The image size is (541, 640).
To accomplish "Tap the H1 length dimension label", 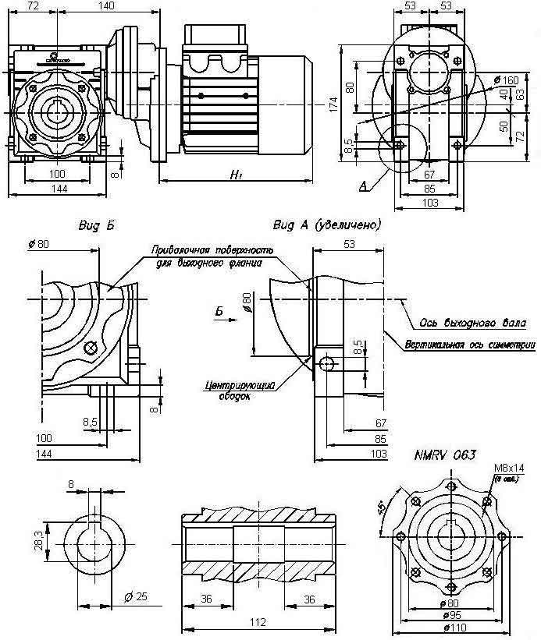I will coord(234,177).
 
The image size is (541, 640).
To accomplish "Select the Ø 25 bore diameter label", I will coord(136,597).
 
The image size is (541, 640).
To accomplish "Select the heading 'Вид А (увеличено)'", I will coord(327,225).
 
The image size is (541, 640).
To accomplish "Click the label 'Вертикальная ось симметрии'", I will coord(469,344).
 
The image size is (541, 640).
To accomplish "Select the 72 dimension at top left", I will coord(33,6).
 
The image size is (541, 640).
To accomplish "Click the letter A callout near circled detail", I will coord(363,187).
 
